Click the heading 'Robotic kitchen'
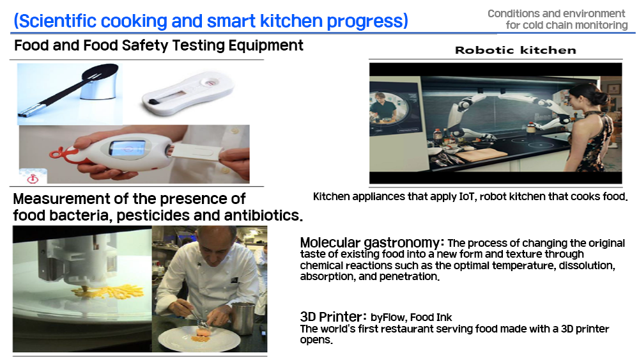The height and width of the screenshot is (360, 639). (x=516, y=50)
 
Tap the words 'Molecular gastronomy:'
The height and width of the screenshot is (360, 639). (x=372, y=242)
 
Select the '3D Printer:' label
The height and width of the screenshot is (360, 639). (x=334, y=317)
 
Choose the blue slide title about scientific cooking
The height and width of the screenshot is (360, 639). (x=211, y=21)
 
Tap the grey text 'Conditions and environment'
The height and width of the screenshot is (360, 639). (x=557, y=13)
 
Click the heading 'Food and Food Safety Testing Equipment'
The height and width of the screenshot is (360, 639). (x=158, y=45)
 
